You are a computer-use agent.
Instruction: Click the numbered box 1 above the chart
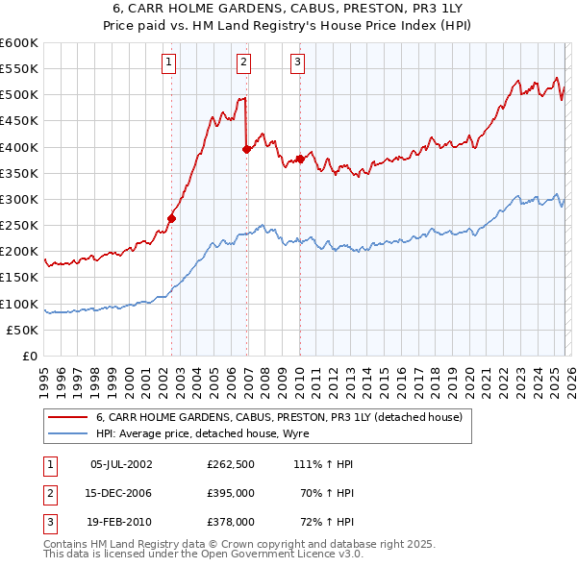(x=169, y=62)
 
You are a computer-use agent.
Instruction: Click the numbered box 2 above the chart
(x=244, y=62)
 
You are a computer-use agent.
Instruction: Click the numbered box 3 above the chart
(x=297, y=62)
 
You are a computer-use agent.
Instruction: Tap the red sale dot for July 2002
(x=172, y=218)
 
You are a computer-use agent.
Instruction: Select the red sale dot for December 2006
(x=247, y=149)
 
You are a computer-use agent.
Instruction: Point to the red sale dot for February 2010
(x=300, y=159)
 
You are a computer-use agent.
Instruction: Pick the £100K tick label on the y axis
(x=19, y=304)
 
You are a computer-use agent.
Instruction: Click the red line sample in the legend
(x=67, y=417)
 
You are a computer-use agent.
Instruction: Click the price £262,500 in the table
(x=230, y=464)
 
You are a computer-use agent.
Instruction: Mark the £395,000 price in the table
(x=230, y=493)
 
